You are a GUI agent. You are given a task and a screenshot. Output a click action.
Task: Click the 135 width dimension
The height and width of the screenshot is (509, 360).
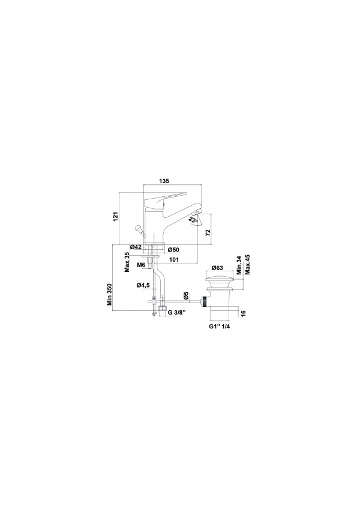[x=164, y=181]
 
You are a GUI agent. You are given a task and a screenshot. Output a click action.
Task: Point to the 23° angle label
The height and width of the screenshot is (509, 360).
[x=193, y=220]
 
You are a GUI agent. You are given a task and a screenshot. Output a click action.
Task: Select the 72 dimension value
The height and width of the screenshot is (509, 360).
[x=208, y=232]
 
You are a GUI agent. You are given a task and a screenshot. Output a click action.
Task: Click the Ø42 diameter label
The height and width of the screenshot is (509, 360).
[x=136, y=247]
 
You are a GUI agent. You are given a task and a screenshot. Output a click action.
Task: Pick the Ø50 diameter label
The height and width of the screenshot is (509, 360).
[x=173, y=250]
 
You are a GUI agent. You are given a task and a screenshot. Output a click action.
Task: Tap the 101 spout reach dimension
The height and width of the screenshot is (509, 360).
[x=173, y=259]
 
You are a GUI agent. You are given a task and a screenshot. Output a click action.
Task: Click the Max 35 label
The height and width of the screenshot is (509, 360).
[x=127, y=262]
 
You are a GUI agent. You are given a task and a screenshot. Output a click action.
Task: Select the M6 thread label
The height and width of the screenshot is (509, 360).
[x=140, y=265]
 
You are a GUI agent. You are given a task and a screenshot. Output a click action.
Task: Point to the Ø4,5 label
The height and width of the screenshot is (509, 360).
[x=143, y=285]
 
